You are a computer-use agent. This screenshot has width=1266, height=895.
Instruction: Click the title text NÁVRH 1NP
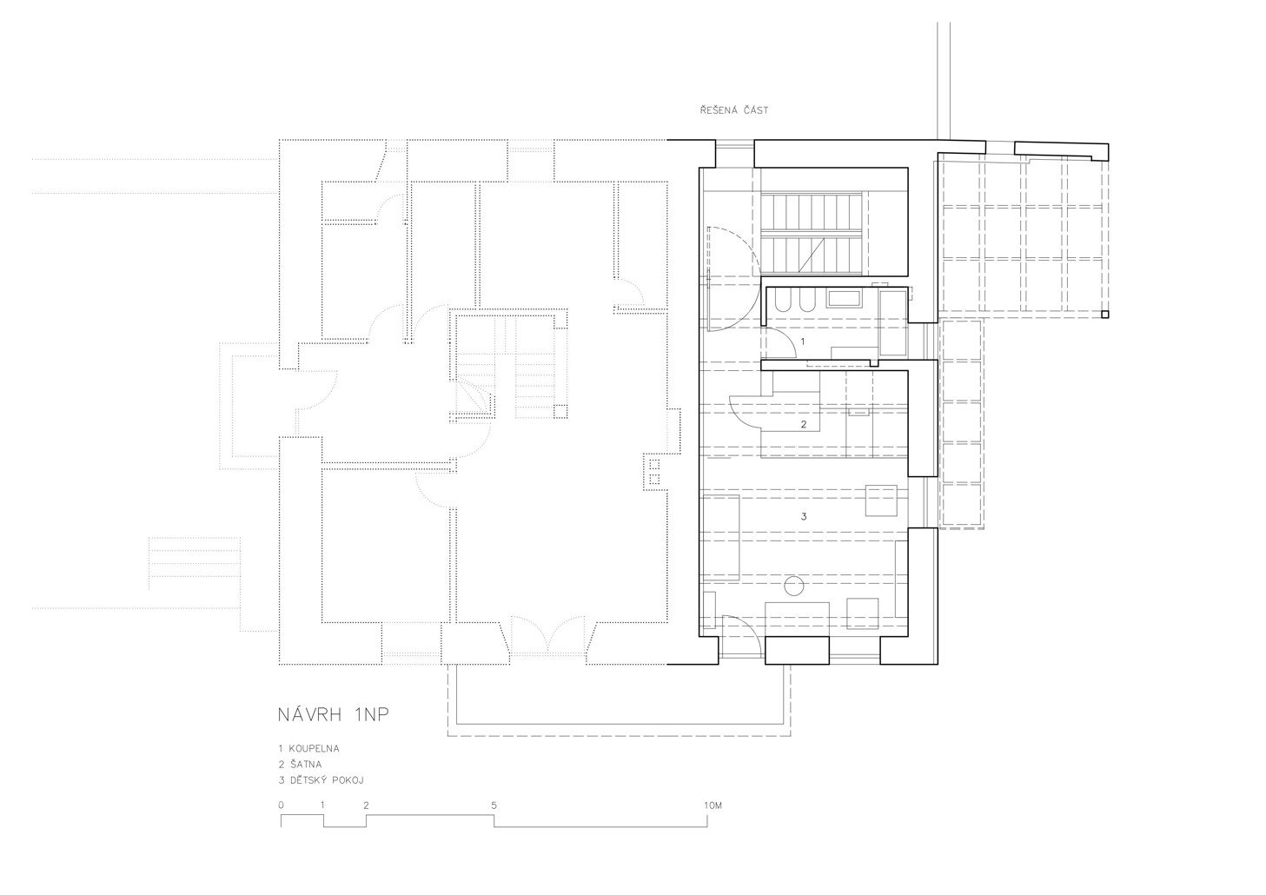coord(334,715)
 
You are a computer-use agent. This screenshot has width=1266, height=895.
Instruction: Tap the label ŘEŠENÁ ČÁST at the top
coord(734,110)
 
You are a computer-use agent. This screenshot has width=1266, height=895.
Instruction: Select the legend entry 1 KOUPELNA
coord(308,749)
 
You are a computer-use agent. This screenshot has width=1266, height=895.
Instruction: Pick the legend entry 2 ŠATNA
coord(300,765)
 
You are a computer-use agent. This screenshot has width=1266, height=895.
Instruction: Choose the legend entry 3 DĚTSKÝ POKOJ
coord(321,780)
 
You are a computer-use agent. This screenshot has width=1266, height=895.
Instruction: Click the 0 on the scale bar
coord(281,805)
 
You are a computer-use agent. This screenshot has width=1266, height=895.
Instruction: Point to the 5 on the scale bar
coord(494,805)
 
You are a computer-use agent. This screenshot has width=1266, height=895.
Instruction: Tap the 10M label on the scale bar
coord(713,805)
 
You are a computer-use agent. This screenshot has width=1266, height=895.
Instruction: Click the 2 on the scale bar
coord(366,805)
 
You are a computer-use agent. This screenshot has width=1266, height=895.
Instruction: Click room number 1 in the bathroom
coord(803,341)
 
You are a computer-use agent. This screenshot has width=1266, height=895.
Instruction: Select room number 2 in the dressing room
coord(804,424)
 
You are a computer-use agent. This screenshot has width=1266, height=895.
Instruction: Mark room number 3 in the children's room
coord(804,516)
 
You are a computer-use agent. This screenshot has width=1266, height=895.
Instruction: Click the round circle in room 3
coord(794,586)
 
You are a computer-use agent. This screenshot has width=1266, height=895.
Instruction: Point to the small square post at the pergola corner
coord(1104,314)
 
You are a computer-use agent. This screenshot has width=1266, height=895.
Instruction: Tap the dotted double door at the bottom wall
coord(547,635)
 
